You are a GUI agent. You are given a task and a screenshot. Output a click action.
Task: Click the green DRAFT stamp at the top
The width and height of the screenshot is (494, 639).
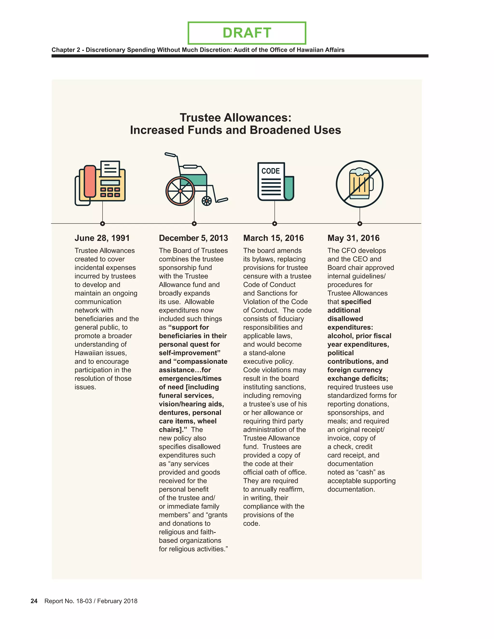pos(247,33)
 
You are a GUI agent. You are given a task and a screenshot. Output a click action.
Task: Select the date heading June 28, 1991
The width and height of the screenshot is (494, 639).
pos(102,238)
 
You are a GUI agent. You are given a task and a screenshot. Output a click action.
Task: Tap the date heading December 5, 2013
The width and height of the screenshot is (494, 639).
pos(193,238)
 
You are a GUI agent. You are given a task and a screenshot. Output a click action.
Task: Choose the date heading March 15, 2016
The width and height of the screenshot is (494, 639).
pos(273,238)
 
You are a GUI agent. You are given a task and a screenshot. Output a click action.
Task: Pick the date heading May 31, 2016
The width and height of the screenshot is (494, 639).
pos(353,238)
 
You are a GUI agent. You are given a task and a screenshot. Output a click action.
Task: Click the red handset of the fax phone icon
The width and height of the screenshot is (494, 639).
pos(90,181)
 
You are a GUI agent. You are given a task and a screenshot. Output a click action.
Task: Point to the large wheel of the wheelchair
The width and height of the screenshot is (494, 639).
pos(180,191)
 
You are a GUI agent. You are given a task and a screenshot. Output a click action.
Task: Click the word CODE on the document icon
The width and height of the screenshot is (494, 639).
pos(270,171)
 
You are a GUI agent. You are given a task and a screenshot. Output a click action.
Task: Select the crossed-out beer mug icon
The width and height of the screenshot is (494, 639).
pos(359,184)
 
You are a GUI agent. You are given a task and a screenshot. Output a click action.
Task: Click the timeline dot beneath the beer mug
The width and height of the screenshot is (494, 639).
pos(360,224)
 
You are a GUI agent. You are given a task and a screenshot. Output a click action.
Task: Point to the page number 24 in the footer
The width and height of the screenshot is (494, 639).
pos(34,601)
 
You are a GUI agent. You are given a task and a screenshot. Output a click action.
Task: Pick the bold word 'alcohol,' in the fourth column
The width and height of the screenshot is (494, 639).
pos(340,336)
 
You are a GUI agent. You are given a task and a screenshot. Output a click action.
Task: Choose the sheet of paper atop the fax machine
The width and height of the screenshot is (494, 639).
pos(110,169)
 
